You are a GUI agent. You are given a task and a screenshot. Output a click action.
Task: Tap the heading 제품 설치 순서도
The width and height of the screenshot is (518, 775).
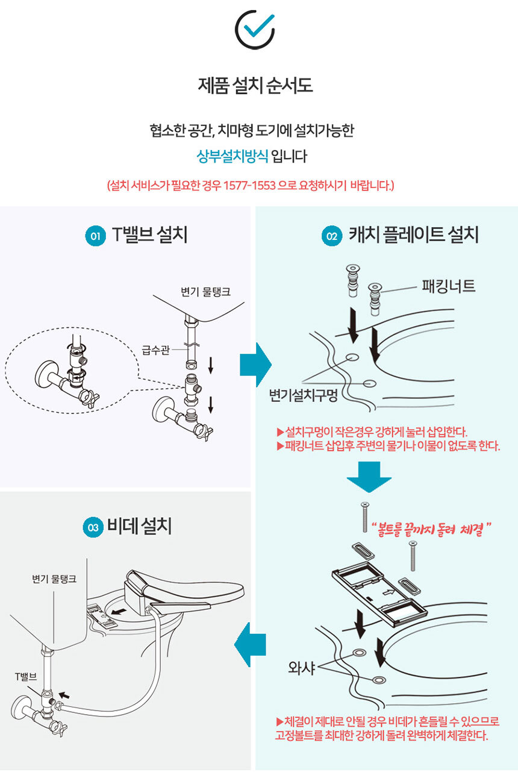pyautogui.click(x=255, y=86)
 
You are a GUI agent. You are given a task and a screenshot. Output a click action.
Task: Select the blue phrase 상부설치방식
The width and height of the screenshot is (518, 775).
pyautogui.click(x=232, y=156)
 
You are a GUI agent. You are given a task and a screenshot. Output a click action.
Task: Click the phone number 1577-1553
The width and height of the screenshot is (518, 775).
pyautogui.click(x=249, y=186)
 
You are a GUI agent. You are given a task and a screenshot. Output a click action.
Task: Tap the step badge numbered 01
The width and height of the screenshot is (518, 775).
pyautogui.click(x=95, y=236)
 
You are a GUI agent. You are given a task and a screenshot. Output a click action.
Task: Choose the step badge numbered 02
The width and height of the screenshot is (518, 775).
pyautogui.click(x=332, y=236)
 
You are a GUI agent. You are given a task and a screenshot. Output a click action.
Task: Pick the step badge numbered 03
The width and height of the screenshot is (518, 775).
pyautogui.click(x=93, y=527)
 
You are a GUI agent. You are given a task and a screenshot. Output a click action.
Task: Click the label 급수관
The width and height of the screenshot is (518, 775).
pyautogui.click(x=156, y=350)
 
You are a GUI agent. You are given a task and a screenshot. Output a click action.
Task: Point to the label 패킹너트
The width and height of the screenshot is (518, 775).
pyautogui.click(x=449, y=286)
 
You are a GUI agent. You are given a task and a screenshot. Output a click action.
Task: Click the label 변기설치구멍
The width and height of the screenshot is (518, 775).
pyautogui.click(x=303, y=395)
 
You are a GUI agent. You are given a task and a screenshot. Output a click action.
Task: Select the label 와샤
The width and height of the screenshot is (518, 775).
pyautogui.click(x=302, y=668)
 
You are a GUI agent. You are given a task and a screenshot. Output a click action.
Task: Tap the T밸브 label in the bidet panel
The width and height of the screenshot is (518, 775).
pyautogui.click(x=25, y=677)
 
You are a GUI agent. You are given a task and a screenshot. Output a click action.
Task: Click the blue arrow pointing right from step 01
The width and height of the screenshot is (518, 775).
pyautogui.click(x=255, y=365)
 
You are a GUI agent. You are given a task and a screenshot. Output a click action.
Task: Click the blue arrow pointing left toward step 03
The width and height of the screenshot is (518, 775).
pyautogui.click(x=249, y=645)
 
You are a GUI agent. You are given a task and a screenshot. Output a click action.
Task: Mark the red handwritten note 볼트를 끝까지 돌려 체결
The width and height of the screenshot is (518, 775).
pyautogui.click(x=431, y=529)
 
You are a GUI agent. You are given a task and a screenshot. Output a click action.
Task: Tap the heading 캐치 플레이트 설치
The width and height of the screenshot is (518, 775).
pyautogui.click(x=414, y=235)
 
